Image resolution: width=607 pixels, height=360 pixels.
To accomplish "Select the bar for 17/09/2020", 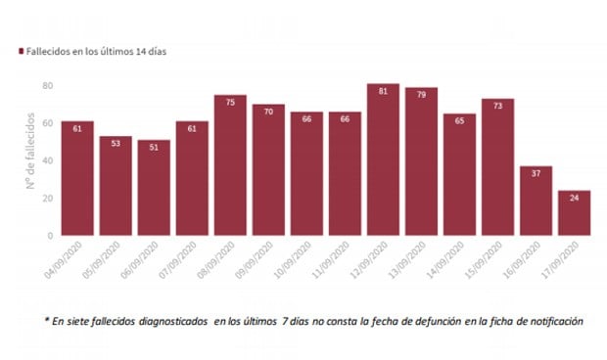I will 574,212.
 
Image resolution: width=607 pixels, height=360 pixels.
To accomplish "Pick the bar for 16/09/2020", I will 536,201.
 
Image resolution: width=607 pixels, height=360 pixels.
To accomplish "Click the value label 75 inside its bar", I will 230,101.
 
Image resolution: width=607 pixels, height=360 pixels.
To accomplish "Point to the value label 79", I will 421,94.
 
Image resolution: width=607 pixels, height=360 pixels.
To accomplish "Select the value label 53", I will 115,142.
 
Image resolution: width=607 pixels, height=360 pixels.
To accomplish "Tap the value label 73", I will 497,105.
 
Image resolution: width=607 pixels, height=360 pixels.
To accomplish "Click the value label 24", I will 574,197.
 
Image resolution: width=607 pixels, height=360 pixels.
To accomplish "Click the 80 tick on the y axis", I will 45,85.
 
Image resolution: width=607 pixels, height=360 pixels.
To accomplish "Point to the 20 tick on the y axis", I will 45,199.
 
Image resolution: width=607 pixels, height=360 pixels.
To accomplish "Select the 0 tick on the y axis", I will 48,236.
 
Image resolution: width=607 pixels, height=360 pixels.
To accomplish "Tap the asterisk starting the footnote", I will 46,319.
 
